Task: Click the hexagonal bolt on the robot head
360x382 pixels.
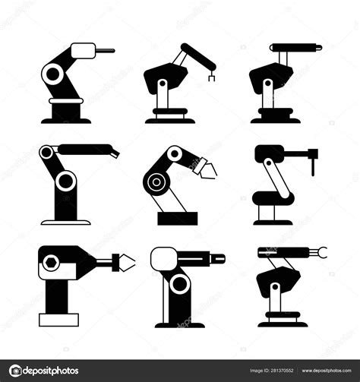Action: coord(52,262)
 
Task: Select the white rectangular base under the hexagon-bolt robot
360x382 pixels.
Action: coord(58,320)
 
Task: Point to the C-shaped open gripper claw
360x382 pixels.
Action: coord(322,251)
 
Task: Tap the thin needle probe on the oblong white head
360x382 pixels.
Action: coord(106,51)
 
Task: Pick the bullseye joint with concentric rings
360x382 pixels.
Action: coord(156,182)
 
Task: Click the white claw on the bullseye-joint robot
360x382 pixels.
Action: coord(206,171)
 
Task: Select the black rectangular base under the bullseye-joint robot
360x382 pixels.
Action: coord(177,218)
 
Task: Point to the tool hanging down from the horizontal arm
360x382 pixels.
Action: coord(311,161)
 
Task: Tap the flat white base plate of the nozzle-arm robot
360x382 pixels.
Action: coord(65,223)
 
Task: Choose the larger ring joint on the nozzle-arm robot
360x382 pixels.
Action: coord(66,180)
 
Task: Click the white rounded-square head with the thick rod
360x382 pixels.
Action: coord(163,260)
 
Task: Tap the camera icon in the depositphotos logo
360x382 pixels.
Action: coord(14,371)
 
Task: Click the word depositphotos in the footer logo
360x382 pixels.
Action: coord(52,371)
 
